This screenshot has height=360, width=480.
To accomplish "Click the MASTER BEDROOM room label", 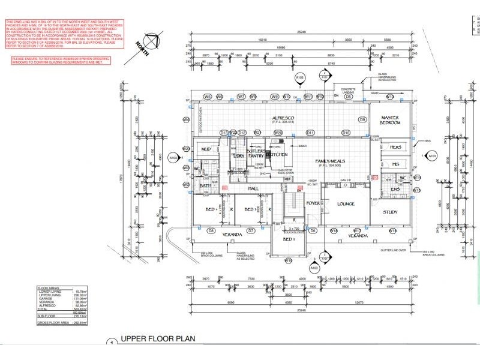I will click(x=389, y=120).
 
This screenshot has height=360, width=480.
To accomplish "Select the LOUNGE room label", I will click(x=346, y=204).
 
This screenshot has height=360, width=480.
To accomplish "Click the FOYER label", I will click(x=313, y=203).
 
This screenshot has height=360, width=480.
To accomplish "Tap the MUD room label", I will click(x=205, y=149).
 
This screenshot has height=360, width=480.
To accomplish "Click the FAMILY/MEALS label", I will click(x=331, y=162).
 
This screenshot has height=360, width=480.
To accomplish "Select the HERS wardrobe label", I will click(x=395, y=147).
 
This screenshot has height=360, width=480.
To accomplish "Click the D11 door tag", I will click(x=310, y=133).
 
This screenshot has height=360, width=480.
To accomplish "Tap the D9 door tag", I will click(x=362, y=120).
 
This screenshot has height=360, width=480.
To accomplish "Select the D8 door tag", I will click(x=211, y=231).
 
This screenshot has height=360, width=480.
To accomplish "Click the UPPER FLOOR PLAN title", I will click(x=158, y=339).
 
